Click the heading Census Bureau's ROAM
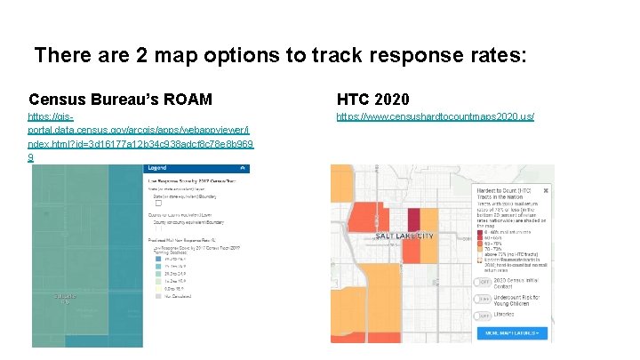coord(120,99)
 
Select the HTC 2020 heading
coord(372,99)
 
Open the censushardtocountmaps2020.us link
coord(435,117)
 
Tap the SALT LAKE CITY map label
coord(404,236)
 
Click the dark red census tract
coord(414,220)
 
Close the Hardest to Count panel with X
coord(546,189)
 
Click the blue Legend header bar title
coord(157,168)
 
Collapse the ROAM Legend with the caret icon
coord(243,168)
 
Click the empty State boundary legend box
coord(157,202)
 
